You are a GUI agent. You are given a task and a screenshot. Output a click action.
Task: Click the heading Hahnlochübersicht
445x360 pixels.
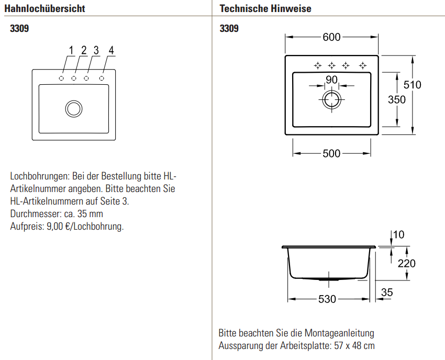[x=44, y=9]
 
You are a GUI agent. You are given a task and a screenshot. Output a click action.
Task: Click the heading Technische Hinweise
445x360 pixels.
[x=265, y=9]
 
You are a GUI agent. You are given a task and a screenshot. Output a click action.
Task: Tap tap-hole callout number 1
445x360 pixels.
[x=71, y=51]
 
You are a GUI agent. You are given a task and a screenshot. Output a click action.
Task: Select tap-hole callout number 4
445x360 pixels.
[x=111, y=51]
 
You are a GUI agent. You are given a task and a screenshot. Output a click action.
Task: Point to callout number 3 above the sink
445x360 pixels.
[x=96, y=51]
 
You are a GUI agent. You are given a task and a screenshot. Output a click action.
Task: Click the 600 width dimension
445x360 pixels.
[x=331, y=37]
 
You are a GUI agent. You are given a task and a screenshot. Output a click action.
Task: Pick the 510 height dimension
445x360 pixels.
[x=412, y=85]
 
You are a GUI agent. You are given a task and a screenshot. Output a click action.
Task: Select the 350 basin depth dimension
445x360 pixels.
[x=396, y=100]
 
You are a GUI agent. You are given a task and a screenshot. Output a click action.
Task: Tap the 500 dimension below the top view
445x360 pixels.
[x=331, y=153]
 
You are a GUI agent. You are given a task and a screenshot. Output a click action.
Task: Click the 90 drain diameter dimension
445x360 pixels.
[x=331, y=80]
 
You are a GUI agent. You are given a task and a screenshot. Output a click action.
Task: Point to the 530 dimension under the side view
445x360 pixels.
[x=327, y=299]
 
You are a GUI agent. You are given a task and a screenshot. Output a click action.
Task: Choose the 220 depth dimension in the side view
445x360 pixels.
[x=406, y=263]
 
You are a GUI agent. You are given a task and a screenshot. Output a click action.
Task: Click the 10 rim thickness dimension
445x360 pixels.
[x=399, y=234]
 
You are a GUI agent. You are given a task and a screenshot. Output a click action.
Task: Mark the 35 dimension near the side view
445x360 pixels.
[x=386, y=292]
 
